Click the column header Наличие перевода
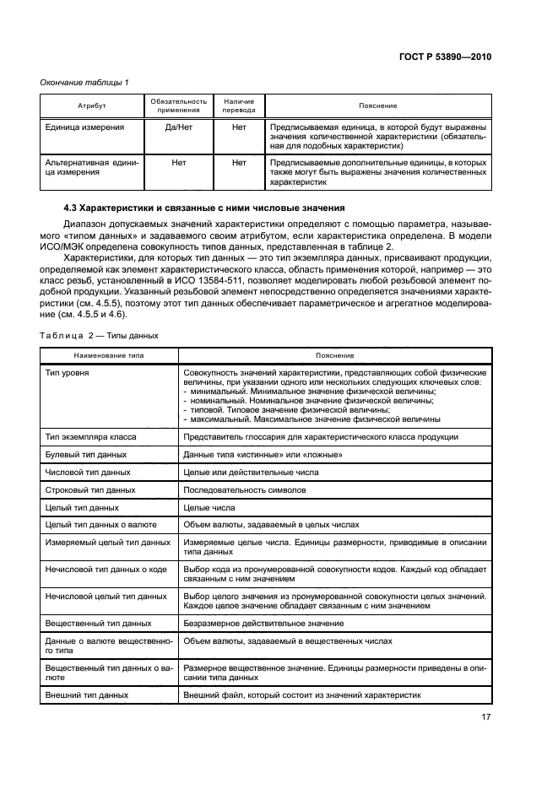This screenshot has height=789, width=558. (238, 105)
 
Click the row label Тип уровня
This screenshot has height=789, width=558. (69, 373)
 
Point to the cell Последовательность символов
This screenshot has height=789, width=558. (245, 489)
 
